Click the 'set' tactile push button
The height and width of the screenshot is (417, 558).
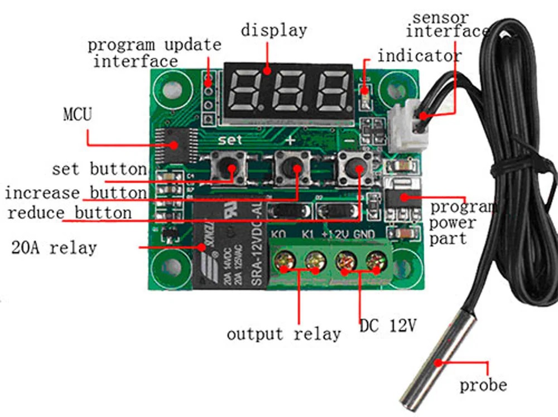pyautogui.click(x=229, y=166)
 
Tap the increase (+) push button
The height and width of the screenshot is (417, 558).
pyautogui.click(x=291, y=166)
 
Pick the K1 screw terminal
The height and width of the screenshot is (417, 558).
pyautogui.click(x=314, y=260)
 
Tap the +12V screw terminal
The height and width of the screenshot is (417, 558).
pyautogui.click(x=347, y=260)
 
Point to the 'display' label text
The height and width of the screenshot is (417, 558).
pyautogui.click(x=273, y=30)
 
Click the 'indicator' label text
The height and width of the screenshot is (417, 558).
pyautogui.click(x=419, y=56)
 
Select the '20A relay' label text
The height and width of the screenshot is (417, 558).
pyautogui.click(x=54, y=247)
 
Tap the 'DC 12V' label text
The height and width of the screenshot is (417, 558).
pyautogui.click(x=387, y=326)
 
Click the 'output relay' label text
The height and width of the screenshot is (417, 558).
pyautogui.click(x=283, y=334)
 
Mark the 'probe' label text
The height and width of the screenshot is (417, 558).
pyautogui.click(x=483, y=385)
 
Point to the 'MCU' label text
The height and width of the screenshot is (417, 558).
pyautogui.click(x=77, y=115)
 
